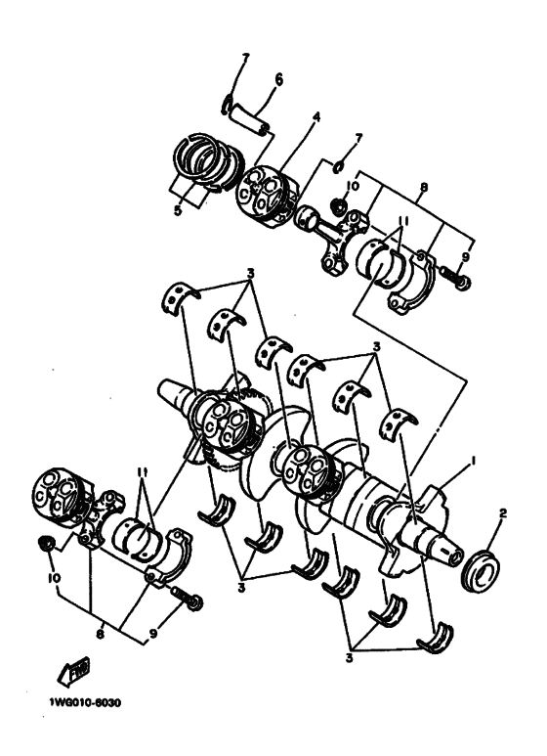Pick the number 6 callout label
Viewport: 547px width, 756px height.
277,79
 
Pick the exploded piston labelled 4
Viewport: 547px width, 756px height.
261,189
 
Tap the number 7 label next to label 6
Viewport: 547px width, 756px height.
246,58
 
